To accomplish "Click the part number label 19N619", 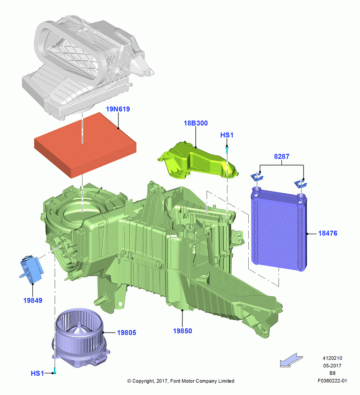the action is click(118, 109).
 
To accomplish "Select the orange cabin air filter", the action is click(85, 145).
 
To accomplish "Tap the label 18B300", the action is click(196, 123).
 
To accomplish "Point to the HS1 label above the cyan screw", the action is click(227, 135).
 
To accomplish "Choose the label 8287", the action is click(281, 156).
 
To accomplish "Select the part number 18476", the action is click(328, 233).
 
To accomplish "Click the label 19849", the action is click(33, 300).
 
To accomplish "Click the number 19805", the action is click(126, 333).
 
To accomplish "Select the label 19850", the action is click(182, 331).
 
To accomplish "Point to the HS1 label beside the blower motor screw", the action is click(37, 373).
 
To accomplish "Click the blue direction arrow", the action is click(291, 360).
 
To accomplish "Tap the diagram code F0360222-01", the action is click(332, 381).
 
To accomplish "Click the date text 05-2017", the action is click(332, 365).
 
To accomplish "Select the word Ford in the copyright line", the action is click(175, 381).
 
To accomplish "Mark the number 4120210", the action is click(332, 358).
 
